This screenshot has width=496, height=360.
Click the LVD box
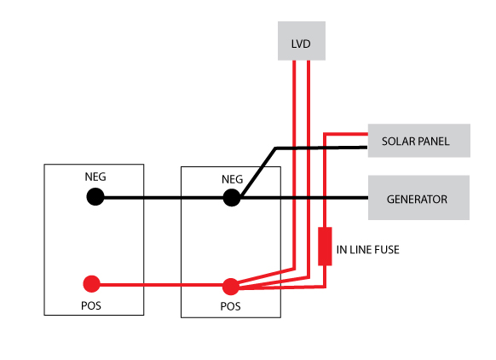tap(302, 41)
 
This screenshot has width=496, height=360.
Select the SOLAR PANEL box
tap(418, 141)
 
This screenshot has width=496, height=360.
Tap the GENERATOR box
tap(418, 198)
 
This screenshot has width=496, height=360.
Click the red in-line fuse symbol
tap(325, 246)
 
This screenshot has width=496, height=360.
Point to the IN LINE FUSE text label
tap(367, 250)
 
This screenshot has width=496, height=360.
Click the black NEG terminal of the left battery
tap(95, 196)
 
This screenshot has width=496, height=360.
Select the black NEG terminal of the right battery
tap(232, 198)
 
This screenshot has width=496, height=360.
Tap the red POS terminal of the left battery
tap(91, 284)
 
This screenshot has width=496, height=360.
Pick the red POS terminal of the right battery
tap(231, 287)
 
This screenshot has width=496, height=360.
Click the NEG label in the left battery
tap(95, 177)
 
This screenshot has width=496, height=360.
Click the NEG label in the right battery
tap(232, 179)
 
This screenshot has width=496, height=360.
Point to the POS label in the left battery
tap(91, 306)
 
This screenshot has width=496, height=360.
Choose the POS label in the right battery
tap(230, 306)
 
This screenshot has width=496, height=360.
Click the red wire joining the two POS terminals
tap(161, 285)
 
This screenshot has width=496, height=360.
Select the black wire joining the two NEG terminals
tap(164, 198)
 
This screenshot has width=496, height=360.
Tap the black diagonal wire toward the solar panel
tap(258, 172)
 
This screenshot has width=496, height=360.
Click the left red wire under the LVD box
tap(294, 165)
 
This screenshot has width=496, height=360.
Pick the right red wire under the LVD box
tap(309, 170)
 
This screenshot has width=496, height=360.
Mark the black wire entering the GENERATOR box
tap(304, 198)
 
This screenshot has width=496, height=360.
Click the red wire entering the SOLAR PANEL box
tap(346, 134)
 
